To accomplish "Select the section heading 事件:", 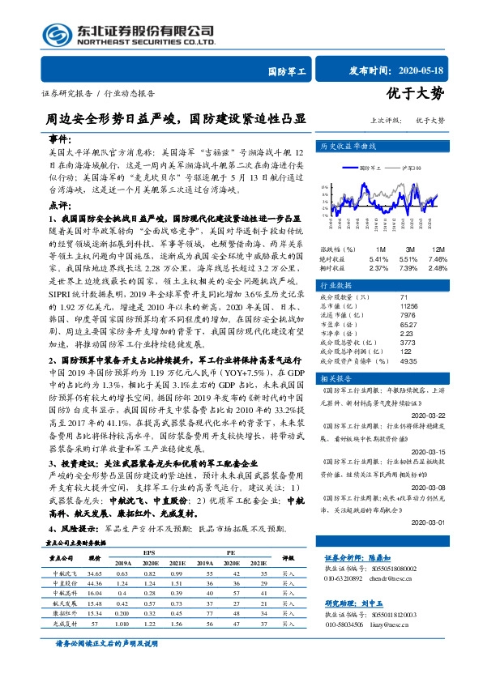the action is [x=60, y=139].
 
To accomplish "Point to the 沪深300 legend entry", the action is [x=407, y=167].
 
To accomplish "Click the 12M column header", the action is [x=438, y=249].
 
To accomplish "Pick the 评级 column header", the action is [x=289, y=558].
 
